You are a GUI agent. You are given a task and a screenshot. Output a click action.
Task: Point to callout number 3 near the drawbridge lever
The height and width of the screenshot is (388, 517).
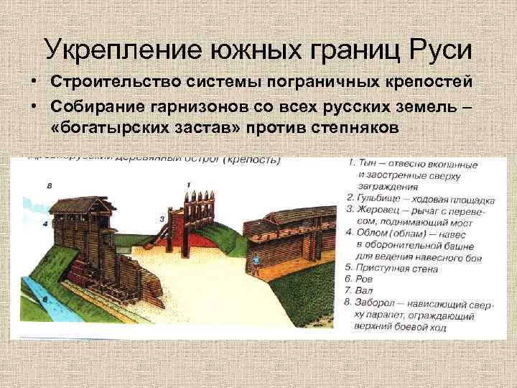[162, 217]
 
